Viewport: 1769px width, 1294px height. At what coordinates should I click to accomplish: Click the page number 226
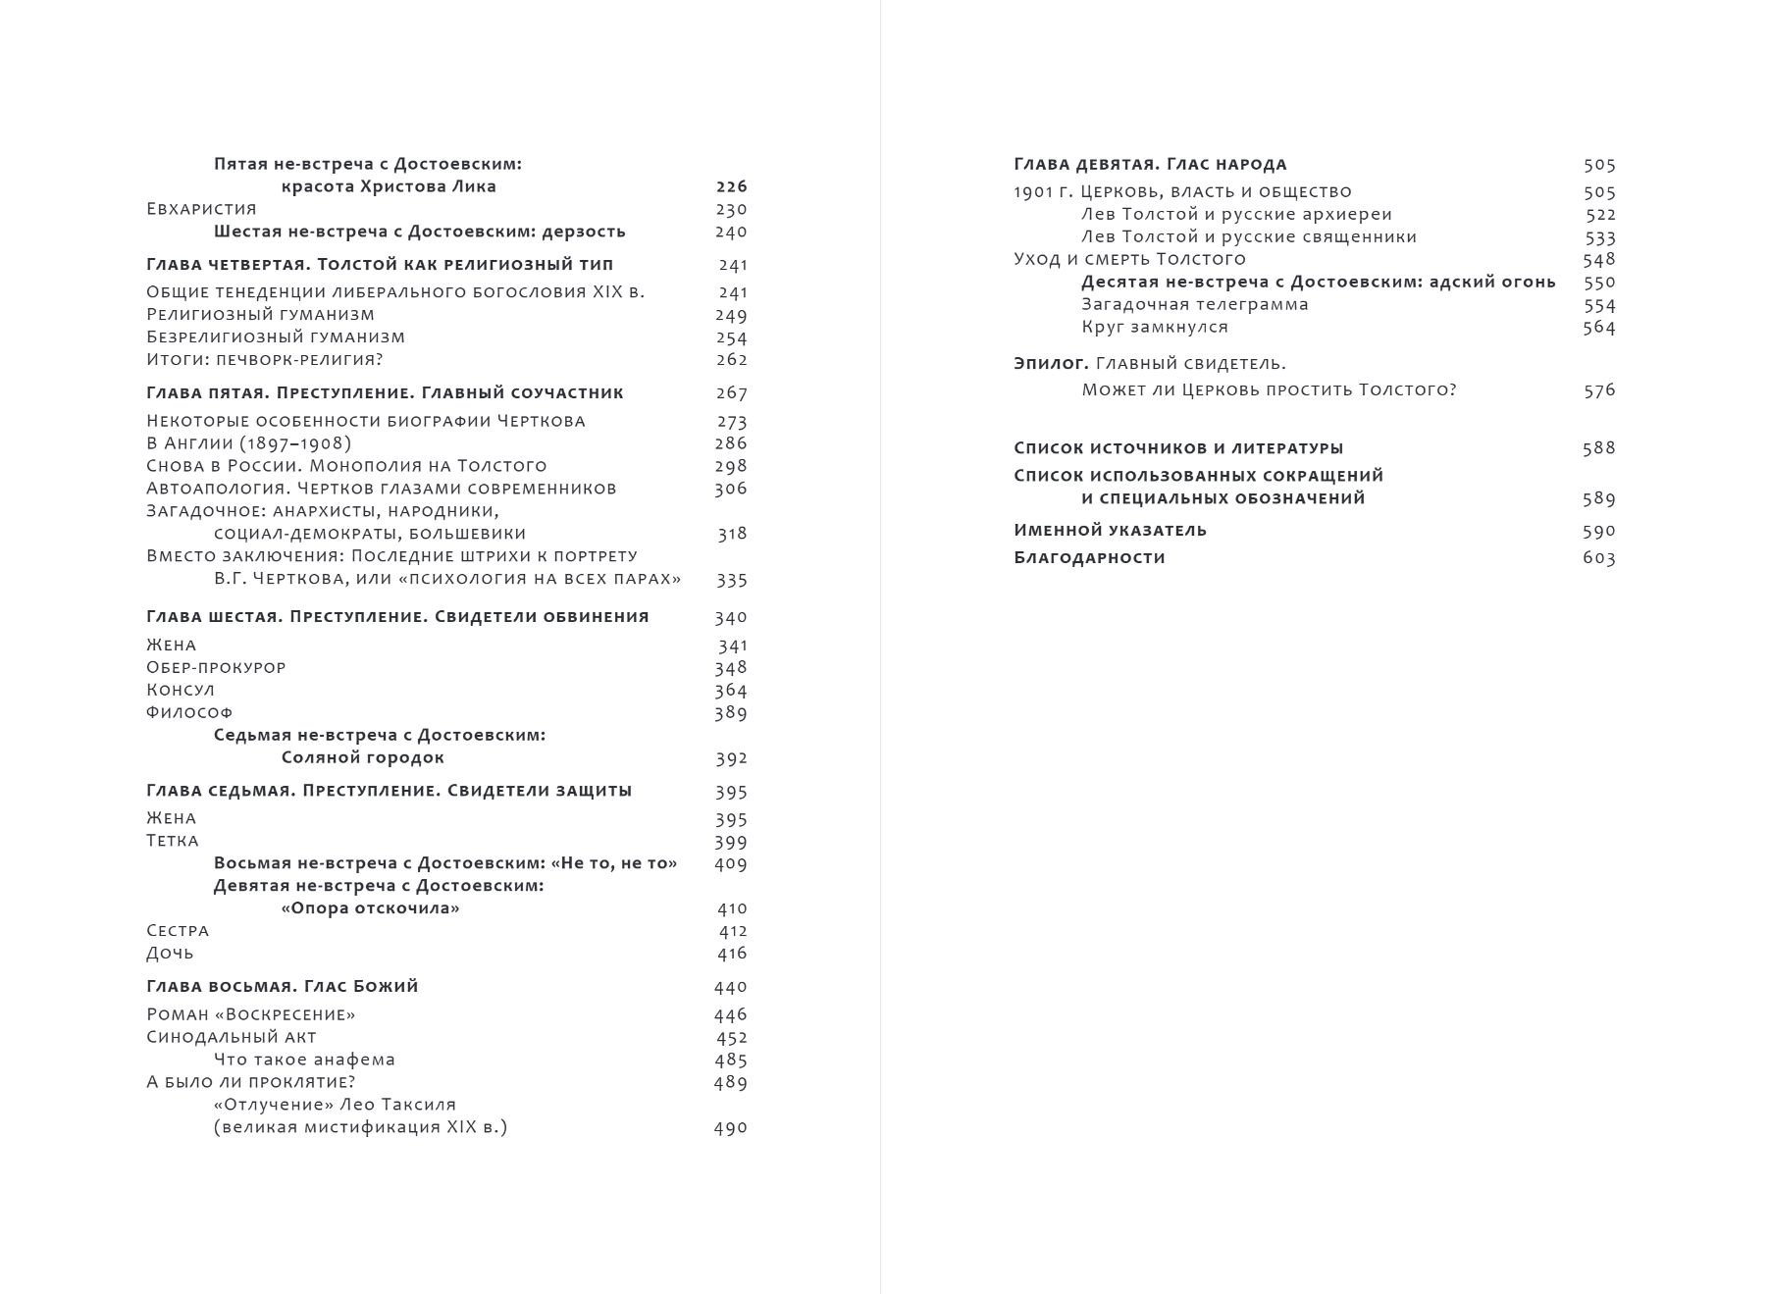coord(731,186)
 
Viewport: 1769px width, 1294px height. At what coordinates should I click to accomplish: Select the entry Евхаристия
coord(201,209)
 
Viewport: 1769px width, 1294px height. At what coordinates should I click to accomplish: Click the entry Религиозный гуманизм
coord(260,315)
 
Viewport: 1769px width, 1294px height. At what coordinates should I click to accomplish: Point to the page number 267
coord(731,393)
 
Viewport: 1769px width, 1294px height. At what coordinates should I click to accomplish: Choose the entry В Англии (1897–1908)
coord(248,443)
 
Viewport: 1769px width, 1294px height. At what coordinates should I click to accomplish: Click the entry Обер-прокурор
coord(216,667)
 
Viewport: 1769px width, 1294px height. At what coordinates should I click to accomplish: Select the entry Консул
coord(181,690)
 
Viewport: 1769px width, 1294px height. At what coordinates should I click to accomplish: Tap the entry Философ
coord(189,712)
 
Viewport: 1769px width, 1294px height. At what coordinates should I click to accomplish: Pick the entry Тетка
coord(173,841)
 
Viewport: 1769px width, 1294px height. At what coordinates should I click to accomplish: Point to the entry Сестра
coord(178,930)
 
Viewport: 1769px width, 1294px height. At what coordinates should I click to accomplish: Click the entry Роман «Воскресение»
coord(250,1014)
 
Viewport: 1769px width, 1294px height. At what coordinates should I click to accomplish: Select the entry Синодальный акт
coord(232,1037)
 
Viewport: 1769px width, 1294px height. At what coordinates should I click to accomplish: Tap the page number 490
coord(730,1128)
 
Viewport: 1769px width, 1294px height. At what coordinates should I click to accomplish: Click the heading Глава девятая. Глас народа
coord(1150,165)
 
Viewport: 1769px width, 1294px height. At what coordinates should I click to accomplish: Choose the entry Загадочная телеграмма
coord(1195,304)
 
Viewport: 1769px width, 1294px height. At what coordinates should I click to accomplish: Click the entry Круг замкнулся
coord(1155,327)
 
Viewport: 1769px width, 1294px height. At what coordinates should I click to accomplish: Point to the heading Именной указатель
coord(1110,531)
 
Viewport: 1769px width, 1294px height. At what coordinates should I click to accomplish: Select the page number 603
coord(1598,558)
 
